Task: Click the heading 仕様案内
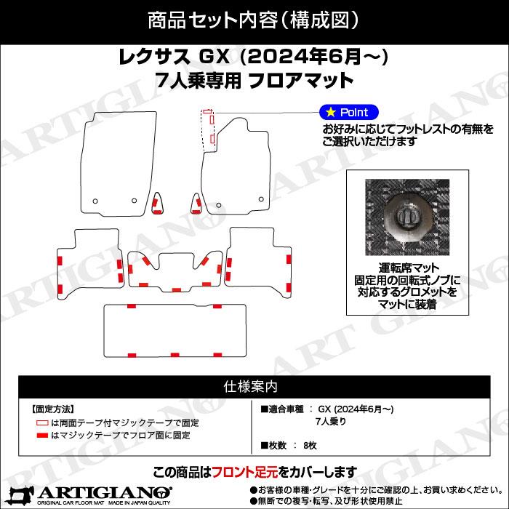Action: click(x=254, y=386)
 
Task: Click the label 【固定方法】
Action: click(x=53, y=409)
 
